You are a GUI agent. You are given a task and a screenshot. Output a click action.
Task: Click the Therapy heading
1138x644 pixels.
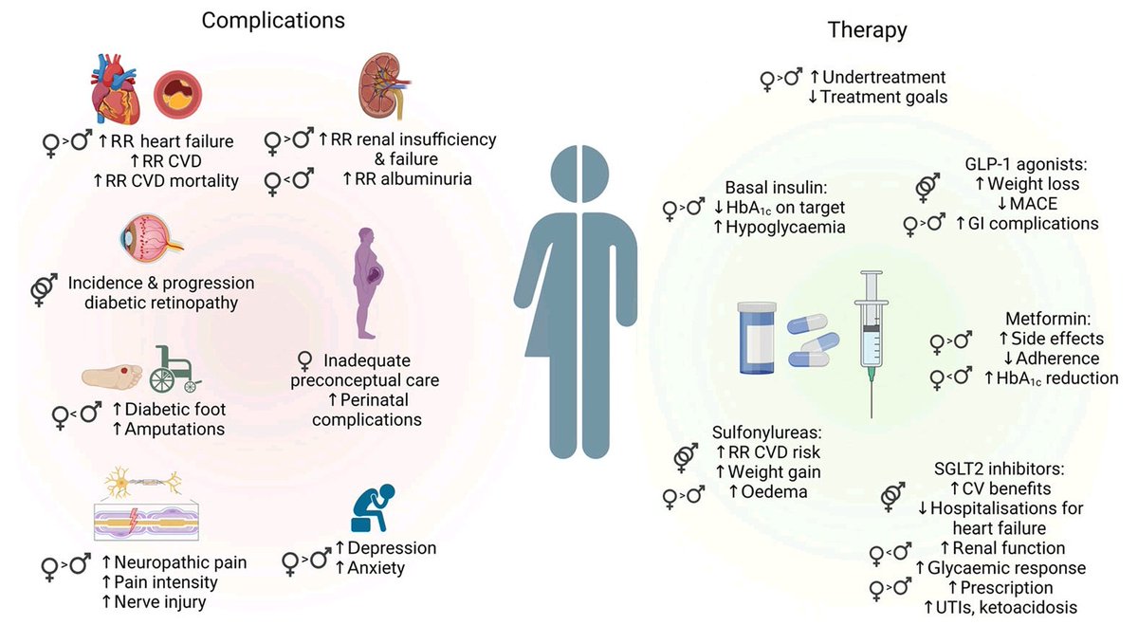click(x=868, y=29)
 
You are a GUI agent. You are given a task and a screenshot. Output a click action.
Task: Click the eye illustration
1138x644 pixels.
click(x=148, y=240)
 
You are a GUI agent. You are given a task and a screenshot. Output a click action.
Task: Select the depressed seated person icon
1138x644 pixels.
click(x=371, y=509)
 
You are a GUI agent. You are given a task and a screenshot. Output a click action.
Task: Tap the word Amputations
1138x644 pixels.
click(x=168, y=429)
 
